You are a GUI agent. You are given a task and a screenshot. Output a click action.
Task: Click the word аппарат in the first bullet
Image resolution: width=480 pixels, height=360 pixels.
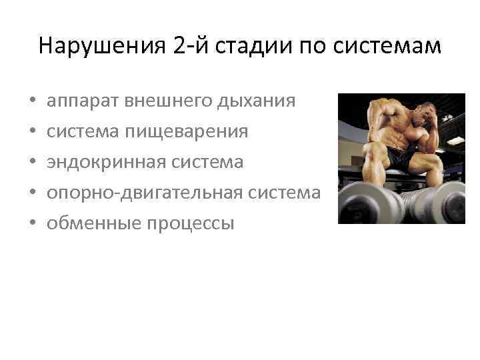tap(81, 101)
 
